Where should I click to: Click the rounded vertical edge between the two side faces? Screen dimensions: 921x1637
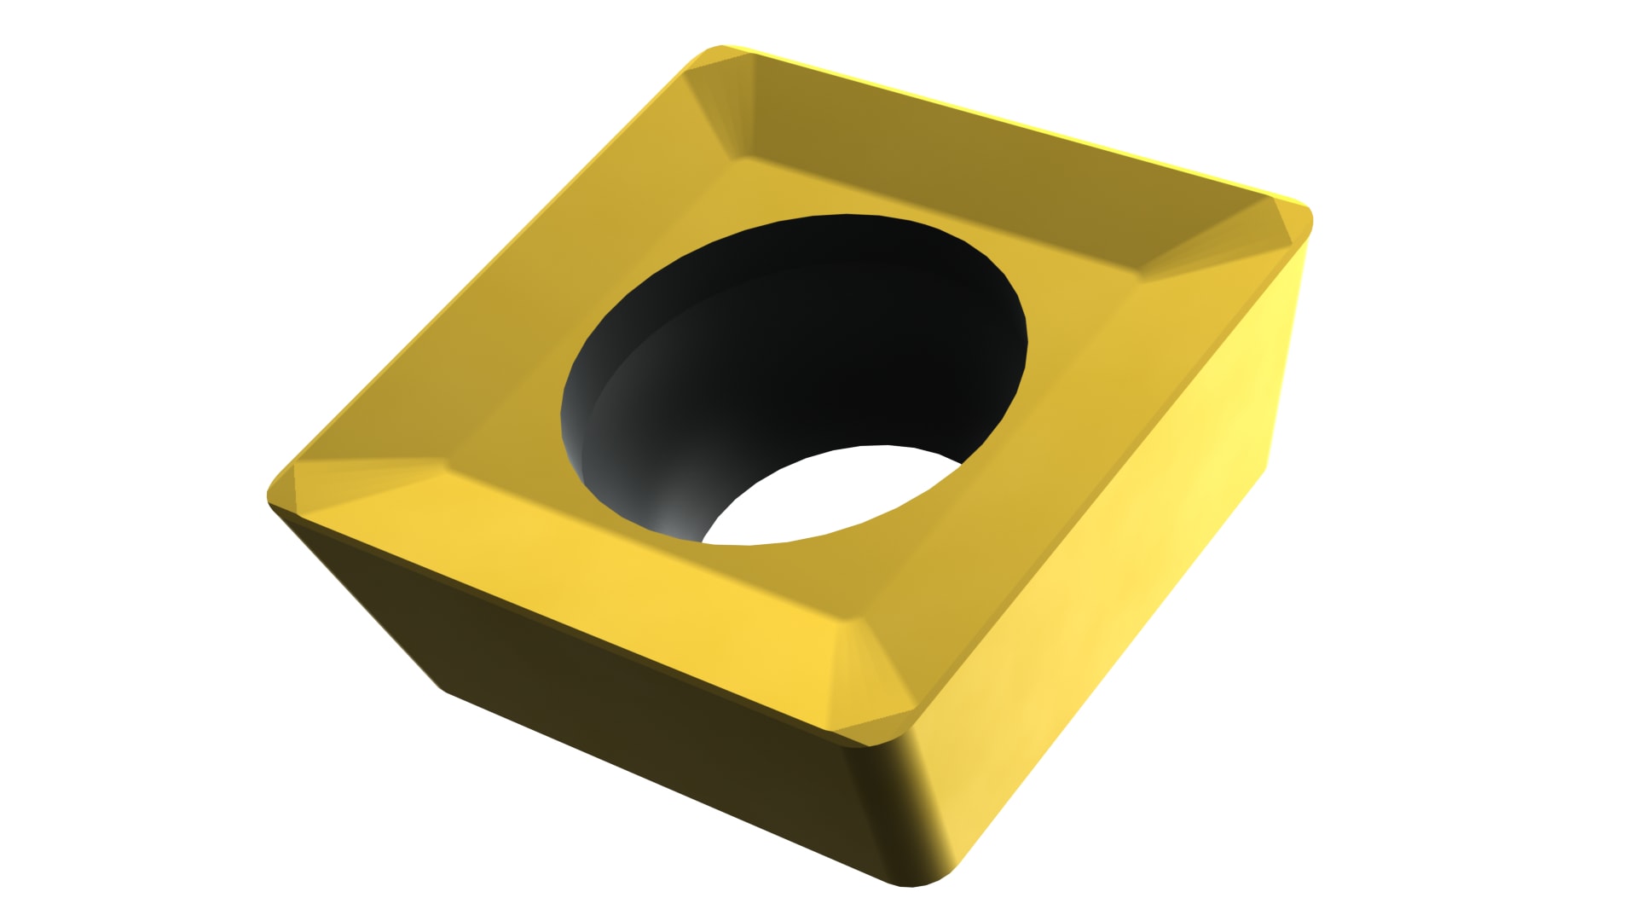(912, 810)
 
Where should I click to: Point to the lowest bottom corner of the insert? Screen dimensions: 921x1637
(912, 883)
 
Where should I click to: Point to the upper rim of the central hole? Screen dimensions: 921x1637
(844, 218)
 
